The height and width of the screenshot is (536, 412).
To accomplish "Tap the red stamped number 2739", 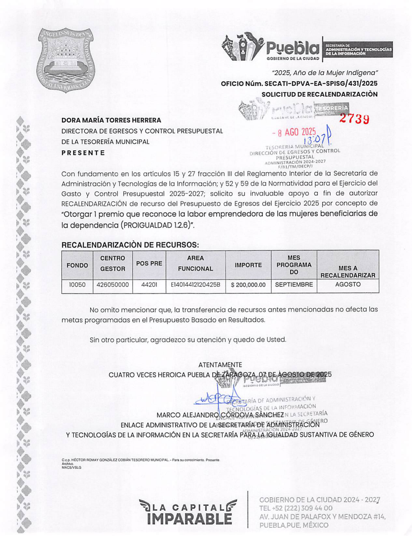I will click(354, 119).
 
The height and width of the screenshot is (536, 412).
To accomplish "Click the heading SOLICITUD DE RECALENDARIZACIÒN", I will click(319, 94).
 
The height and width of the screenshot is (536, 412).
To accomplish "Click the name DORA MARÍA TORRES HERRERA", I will click(111, 120).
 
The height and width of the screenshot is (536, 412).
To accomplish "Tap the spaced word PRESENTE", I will click(83, 153).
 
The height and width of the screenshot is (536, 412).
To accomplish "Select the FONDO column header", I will click(77, 265).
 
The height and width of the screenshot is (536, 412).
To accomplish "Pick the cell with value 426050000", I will click(113, 285).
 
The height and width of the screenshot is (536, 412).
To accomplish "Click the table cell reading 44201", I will click(149, 285).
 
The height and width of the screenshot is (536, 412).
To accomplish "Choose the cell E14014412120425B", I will click(195, 285).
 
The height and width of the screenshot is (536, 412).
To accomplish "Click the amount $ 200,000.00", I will click(248, 285).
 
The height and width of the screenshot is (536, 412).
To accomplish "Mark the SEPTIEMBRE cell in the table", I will click(294, 285).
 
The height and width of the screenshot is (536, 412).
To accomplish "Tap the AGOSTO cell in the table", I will click(348, 284).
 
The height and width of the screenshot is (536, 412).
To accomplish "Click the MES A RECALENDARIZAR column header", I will click(348, 272).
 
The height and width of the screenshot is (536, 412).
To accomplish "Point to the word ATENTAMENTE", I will click(220, 365).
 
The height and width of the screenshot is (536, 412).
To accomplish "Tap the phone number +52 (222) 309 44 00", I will click(296, 508).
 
